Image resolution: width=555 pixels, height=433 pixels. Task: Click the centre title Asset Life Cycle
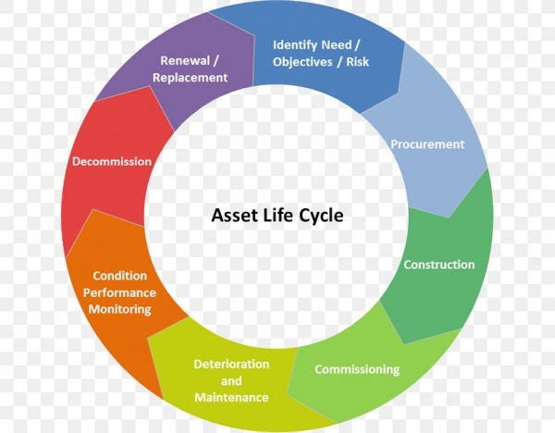click(x=277, y=216)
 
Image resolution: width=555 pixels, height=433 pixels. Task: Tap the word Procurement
click(x=427, y=144)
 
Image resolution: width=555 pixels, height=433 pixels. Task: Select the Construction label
click(x=438, y=265)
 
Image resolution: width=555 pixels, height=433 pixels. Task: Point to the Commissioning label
click(x=357, y=370)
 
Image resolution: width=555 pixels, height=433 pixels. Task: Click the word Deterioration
click(x=231, y=364)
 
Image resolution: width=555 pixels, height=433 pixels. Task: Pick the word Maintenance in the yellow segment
click(x=231, y=397)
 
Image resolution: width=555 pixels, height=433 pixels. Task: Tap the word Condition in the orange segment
click(x=120, y=276)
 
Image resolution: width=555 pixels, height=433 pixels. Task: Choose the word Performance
click(x=119, y=292)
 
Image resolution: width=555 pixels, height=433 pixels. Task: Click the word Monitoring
click(x=120, y=309)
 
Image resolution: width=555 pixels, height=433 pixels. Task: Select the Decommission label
click(x=112, y=161)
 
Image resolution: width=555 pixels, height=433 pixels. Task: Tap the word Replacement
click(x=190, y=78)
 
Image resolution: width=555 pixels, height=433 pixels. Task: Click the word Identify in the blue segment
click(x=295, y=45)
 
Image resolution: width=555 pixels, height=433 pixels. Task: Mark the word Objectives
click(x=302, y=62)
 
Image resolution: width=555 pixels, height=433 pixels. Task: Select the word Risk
click(x=357, y=62)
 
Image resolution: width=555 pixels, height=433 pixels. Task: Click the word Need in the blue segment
click(x=337, y=45)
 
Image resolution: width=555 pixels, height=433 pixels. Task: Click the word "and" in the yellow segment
click(x=231, y=381)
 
